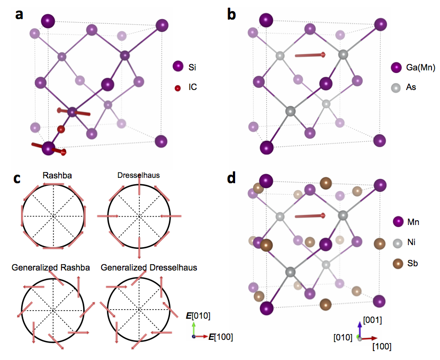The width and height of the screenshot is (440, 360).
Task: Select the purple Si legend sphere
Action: pyautogui.click(x=177, y=67)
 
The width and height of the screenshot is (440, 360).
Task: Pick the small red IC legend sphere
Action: pyautogui.click(x=177, y=87)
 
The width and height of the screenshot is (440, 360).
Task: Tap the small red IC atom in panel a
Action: pyautogui.click(x=61, y=129)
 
